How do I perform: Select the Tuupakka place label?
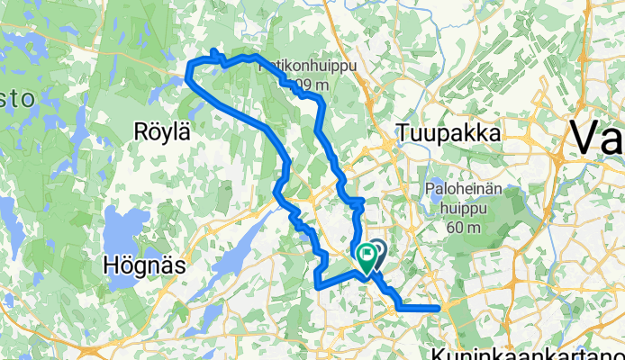447,133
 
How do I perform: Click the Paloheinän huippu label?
464,190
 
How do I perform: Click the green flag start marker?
367,256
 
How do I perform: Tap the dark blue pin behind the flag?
376,250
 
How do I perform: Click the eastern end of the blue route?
438,308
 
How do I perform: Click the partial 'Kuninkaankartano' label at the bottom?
526,352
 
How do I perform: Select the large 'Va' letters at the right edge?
597,139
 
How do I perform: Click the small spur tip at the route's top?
213,50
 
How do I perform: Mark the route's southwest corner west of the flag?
319,285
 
